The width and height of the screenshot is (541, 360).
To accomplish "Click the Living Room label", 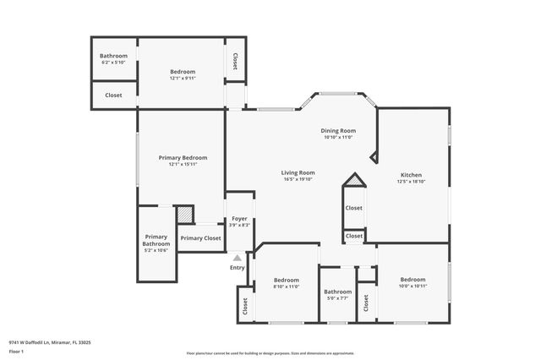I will click(298, 172).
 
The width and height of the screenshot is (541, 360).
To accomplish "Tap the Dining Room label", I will click(337, 131).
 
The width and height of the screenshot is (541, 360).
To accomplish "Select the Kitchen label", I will click(411, 174).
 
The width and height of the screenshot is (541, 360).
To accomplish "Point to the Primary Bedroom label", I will click(183, 157).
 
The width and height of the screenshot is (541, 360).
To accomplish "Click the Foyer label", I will click(239, 219).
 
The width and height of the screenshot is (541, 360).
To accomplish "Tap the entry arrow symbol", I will click(238, 258).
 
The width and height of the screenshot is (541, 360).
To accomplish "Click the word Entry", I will click(238, 268).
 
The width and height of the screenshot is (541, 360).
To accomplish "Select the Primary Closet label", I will click(200, 238).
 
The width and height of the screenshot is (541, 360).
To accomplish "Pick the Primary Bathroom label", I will click(156, 240).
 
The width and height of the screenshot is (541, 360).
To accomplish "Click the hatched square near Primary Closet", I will click(184, 215).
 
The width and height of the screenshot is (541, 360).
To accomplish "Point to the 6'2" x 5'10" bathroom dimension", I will click(113, 63).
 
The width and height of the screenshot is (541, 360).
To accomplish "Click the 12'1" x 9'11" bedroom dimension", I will click(183, 78).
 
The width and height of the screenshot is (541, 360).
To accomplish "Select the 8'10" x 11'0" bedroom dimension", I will click(287, 286).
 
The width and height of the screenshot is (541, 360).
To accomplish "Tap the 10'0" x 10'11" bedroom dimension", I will click(413, 286).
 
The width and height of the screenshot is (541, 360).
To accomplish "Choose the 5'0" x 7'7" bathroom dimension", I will click(337, 298).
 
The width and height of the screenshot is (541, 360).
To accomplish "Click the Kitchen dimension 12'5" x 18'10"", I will click(411, 181).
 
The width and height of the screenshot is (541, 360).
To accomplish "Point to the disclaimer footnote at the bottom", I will click(270, 352).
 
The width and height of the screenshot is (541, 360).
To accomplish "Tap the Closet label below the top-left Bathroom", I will click(113, 95).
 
